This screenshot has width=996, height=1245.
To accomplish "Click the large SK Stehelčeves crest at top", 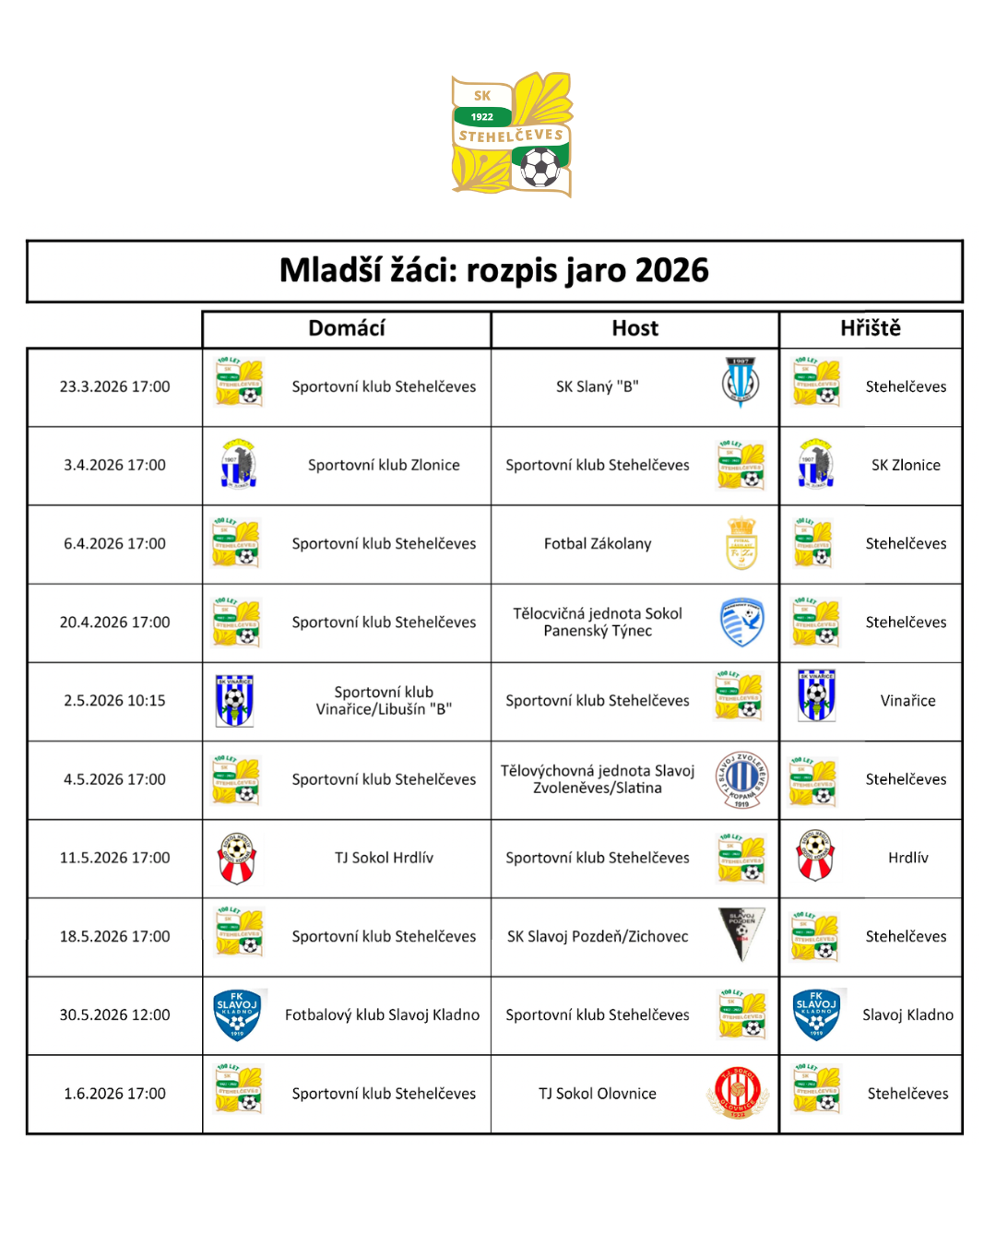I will point(512,134).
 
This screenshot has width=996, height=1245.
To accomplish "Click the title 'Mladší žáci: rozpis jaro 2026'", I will point(494,270).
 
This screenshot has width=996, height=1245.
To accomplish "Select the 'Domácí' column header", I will point(346,328).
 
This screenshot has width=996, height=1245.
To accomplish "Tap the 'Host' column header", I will point(634,328).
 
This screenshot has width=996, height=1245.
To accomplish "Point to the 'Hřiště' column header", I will point(870,328).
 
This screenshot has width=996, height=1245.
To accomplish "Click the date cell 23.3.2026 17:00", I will point(115,386).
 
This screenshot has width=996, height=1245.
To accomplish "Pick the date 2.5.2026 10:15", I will point(115,701).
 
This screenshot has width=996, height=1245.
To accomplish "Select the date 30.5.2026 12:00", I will point(115,1014).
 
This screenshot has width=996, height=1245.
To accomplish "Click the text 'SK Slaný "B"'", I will point(598,386).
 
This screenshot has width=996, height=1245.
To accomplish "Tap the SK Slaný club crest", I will point(741,382).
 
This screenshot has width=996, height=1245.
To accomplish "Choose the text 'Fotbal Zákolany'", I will point(598,543).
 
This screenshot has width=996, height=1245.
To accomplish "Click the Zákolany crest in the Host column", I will point(741,543).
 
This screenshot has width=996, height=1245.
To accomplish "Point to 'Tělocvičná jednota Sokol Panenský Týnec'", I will point(598,622).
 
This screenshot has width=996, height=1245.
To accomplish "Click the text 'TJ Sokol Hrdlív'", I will point(384,858).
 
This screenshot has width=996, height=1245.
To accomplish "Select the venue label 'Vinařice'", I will point(907,701).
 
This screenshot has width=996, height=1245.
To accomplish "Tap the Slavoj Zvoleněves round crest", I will point(741,779).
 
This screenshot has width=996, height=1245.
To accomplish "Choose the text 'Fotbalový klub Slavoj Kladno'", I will point(382,1014).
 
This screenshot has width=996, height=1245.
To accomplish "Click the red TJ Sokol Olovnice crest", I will point(738,1093).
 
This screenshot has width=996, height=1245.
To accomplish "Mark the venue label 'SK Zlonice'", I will point(906,465).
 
